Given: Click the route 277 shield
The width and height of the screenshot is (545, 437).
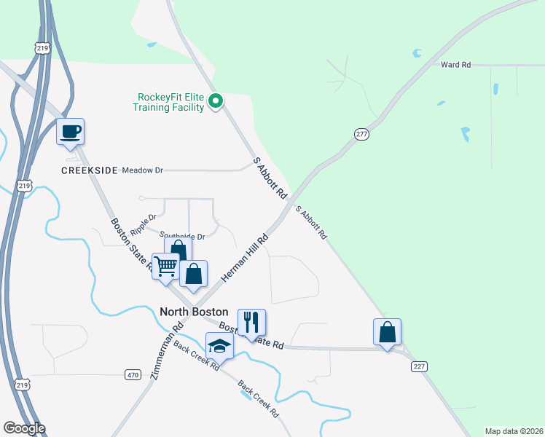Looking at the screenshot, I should click(361, 135).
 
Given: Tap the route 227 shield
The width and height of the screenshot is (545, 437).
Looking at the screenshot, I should click(418, 366).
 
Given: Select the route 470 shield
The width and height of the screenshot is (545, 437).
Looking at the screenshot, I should click(132, 375).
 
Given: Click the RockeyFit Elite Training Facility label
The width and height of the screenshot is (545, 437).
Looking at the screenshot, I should click(169, 101).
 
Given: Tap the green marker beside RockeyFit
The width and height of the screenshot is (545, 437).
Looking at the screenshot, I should click(216, 101).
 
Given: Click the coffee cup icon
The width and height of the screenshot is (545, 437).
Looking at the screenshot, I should click(71, 132).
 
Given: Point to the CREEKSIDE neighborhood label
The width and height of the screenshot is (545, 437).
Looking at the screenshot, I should click(90, 170).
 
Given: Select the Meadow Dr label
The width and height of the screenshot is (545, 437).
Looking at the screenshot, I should click(142, 170).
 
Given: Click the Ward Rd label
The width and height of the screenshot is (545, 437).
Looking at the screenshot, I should click(456, 65).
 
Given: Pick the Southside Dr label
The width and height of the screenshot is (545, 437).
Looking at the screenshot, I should click(183, 236).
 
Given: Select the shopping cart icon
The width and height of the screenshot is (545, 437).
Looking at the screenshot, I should click(166, 267).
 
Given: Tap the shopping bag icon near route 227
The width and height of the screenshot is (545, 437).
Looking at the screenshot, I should click(388, 331).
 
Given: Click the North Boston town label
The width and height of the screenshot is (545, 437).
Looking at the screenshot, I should click(194, 311).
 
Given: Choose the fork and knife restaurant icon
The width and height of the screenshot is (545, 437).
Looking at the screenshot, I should click(252, 323).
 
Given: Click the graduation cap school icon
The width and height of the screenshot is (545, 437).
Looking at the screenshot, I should click(219, 346).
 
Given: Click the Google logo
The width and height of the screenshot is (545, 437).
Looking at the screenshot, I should click(24, 428).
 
